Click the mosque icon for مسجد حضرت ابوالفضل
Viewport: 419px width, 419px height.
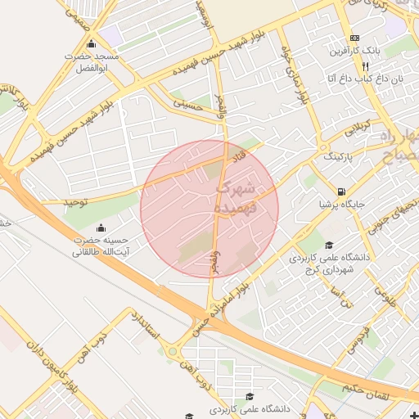tap(90, 43)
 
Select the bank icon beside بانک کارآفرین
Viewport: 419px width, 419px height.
tap(354, 38)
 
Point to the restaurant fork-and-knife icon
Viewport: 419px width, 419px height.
tap(376, 65)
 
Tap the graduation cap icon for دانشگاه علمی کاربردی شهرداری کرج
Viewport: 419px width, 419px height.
tap(329, 245)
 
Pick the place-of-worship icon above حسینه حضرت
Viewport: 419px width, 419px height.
tap(101, 228)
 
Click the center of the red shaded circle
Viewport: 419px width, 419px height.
tap(209, 209)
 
